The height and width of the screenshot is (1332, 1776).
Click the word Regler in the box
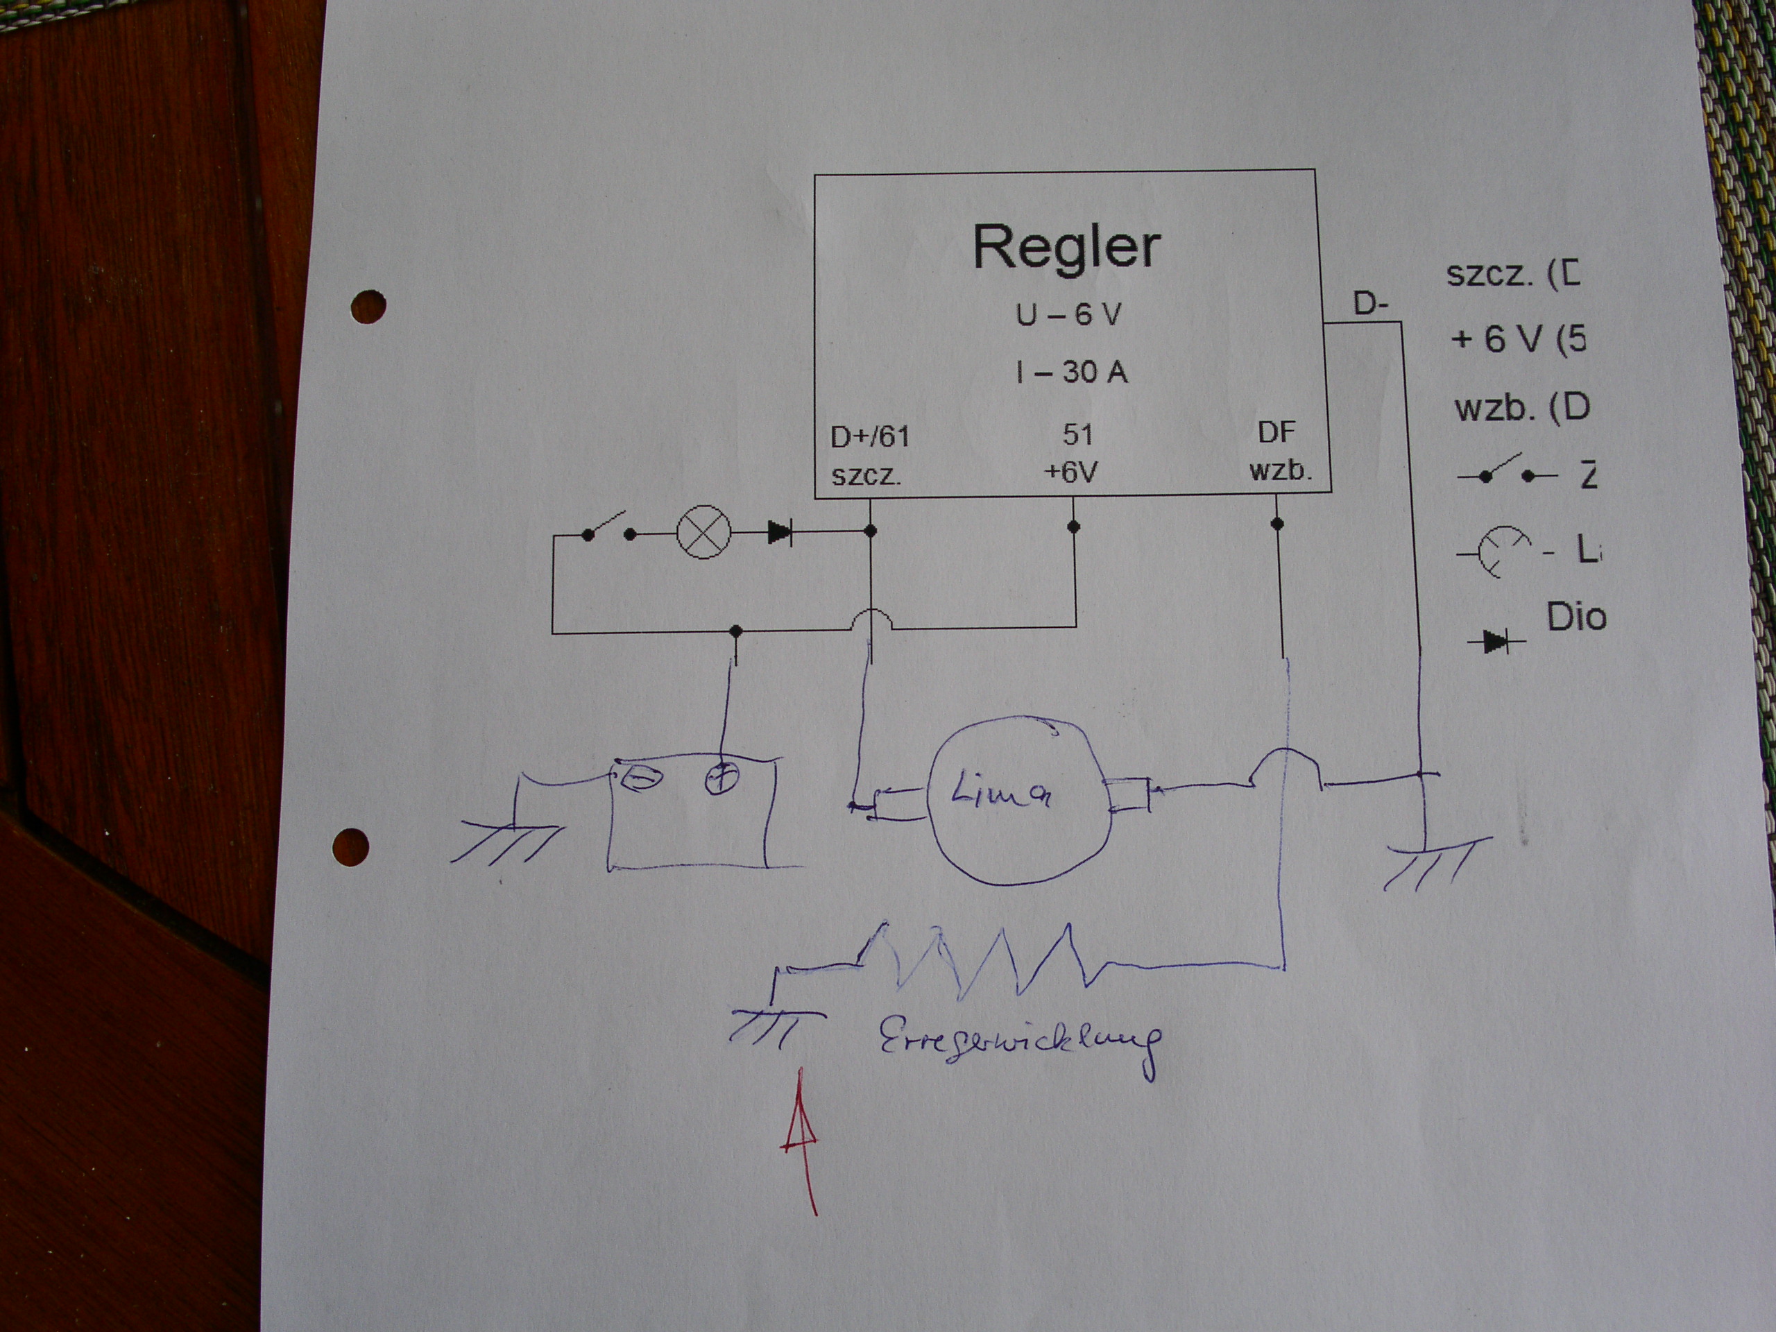pyautogui.click(x=1066, y=246)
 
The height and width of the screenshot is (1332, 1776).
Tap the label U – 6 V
pyautogui.click(x=1068, y=316)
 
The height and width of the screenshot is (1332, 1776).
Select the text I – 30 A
pyautogui.click(x=1072, y=372)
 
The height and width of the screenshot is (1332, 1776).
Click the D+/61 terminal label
pyautogui.click(x=869, y=437)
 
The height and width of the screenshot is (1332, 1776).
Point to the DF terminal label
pyautogui.click(x=1276, y=433)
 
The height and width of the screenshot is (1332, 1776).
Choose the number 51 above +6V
pyautogui.click(x=1077, y=435)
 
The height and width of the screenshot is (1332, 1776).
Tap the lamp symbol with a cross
pyautogui.click(x=704, y=532)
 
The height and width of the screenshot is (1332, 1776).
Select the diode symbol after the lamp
pyautogui.click(x=780, y=531)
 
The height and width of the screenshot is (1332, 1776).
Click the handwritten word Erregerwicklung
pyautogui.click(x=1021, y=1044)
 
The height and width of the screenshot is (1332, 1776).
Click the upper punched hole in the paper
pyautogui.click(x=368, y=306)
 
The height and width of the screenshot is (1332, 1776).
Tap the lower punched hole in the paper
pyautogui.click(x=350, y=846)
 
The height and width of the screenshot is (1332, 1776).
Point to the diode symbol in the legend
pyautogui.click(x=1495, y=642)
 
